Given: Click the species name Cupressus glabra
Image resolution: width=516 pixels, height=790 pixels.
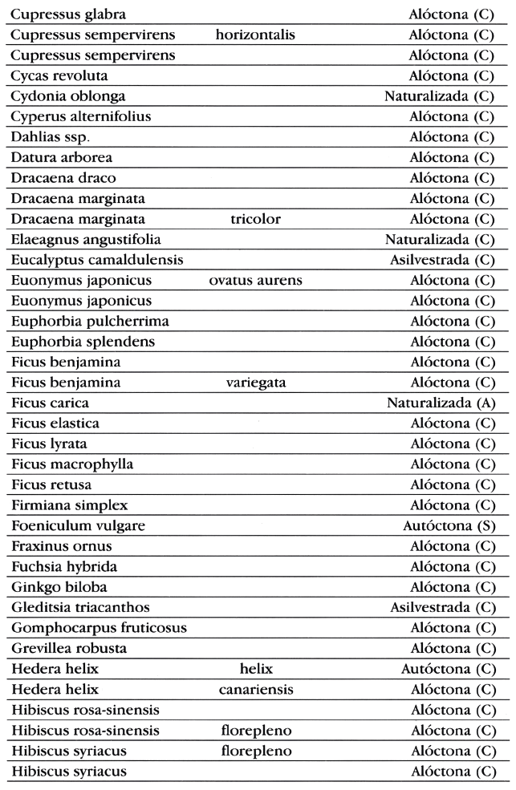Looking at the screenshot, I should [x=68, y=14].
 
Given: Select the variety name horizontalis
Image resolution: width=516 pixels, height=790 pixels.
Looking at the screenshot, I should [x=255, y=35].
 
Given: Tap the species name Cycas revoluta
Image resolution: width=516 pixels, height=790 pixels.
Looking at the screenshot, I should [x=59, y=76].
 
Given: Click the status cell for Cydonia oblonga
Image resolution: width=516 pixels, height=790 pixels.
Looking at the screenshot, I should [x=438, y=97].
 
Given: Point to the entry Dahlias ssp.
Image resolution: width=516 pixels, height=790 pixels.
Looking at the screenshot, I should [x=50, y=137].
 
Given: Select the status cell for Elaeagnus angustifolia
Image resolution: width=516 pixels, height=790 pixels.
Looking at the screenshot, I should [x=438, y=240].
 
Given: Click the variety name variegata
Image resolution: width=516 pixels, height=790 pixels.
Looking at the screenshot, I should [x=255, y=383].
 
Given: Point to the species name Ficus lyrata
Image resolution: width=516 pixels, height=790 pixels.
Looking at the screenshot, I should [x=49, y=444].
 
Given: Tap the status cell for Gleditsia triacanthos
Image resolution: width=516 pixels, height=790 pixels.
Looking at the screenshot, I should [x=441, y=607].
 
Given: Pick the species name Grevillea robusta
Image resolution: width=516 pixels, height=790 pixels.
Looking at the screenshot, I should [x=69, y=648].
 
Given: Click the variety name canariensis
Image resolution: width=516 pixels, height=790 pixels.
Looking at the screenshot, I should [x=255, y=689].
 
